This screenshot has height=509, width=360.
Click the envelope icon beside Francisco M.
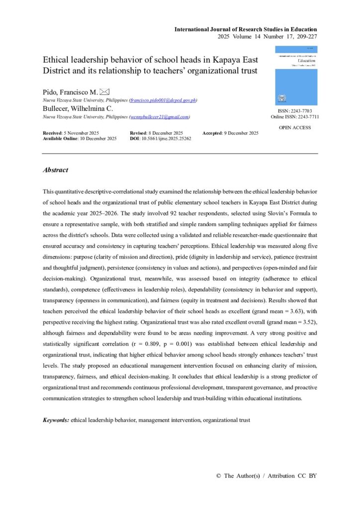click(x=104, y=92)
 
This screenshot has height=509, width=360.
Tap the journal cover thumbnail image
click(x=296, y=76)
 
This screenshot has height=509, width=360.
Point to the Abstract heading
click(x=55, y=170)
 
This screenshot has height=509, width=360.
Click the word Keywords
click(x=56, y=420)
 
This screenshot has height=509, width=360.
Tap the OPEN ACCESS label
click(x=295, y=128)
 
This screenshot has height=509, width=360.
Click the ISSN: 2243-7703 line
click(x=295, y=111)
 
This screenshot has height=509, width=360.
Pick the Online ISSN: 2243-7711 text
click(x=295, y=117)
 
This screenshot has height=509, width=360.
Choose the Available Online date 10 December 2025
click(x=80, y=139)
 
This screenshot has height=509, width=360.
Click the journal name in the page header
click(x=245, y=29)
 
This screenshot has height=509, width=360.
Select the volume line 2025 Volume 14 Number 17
click(x=268, y=37)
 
